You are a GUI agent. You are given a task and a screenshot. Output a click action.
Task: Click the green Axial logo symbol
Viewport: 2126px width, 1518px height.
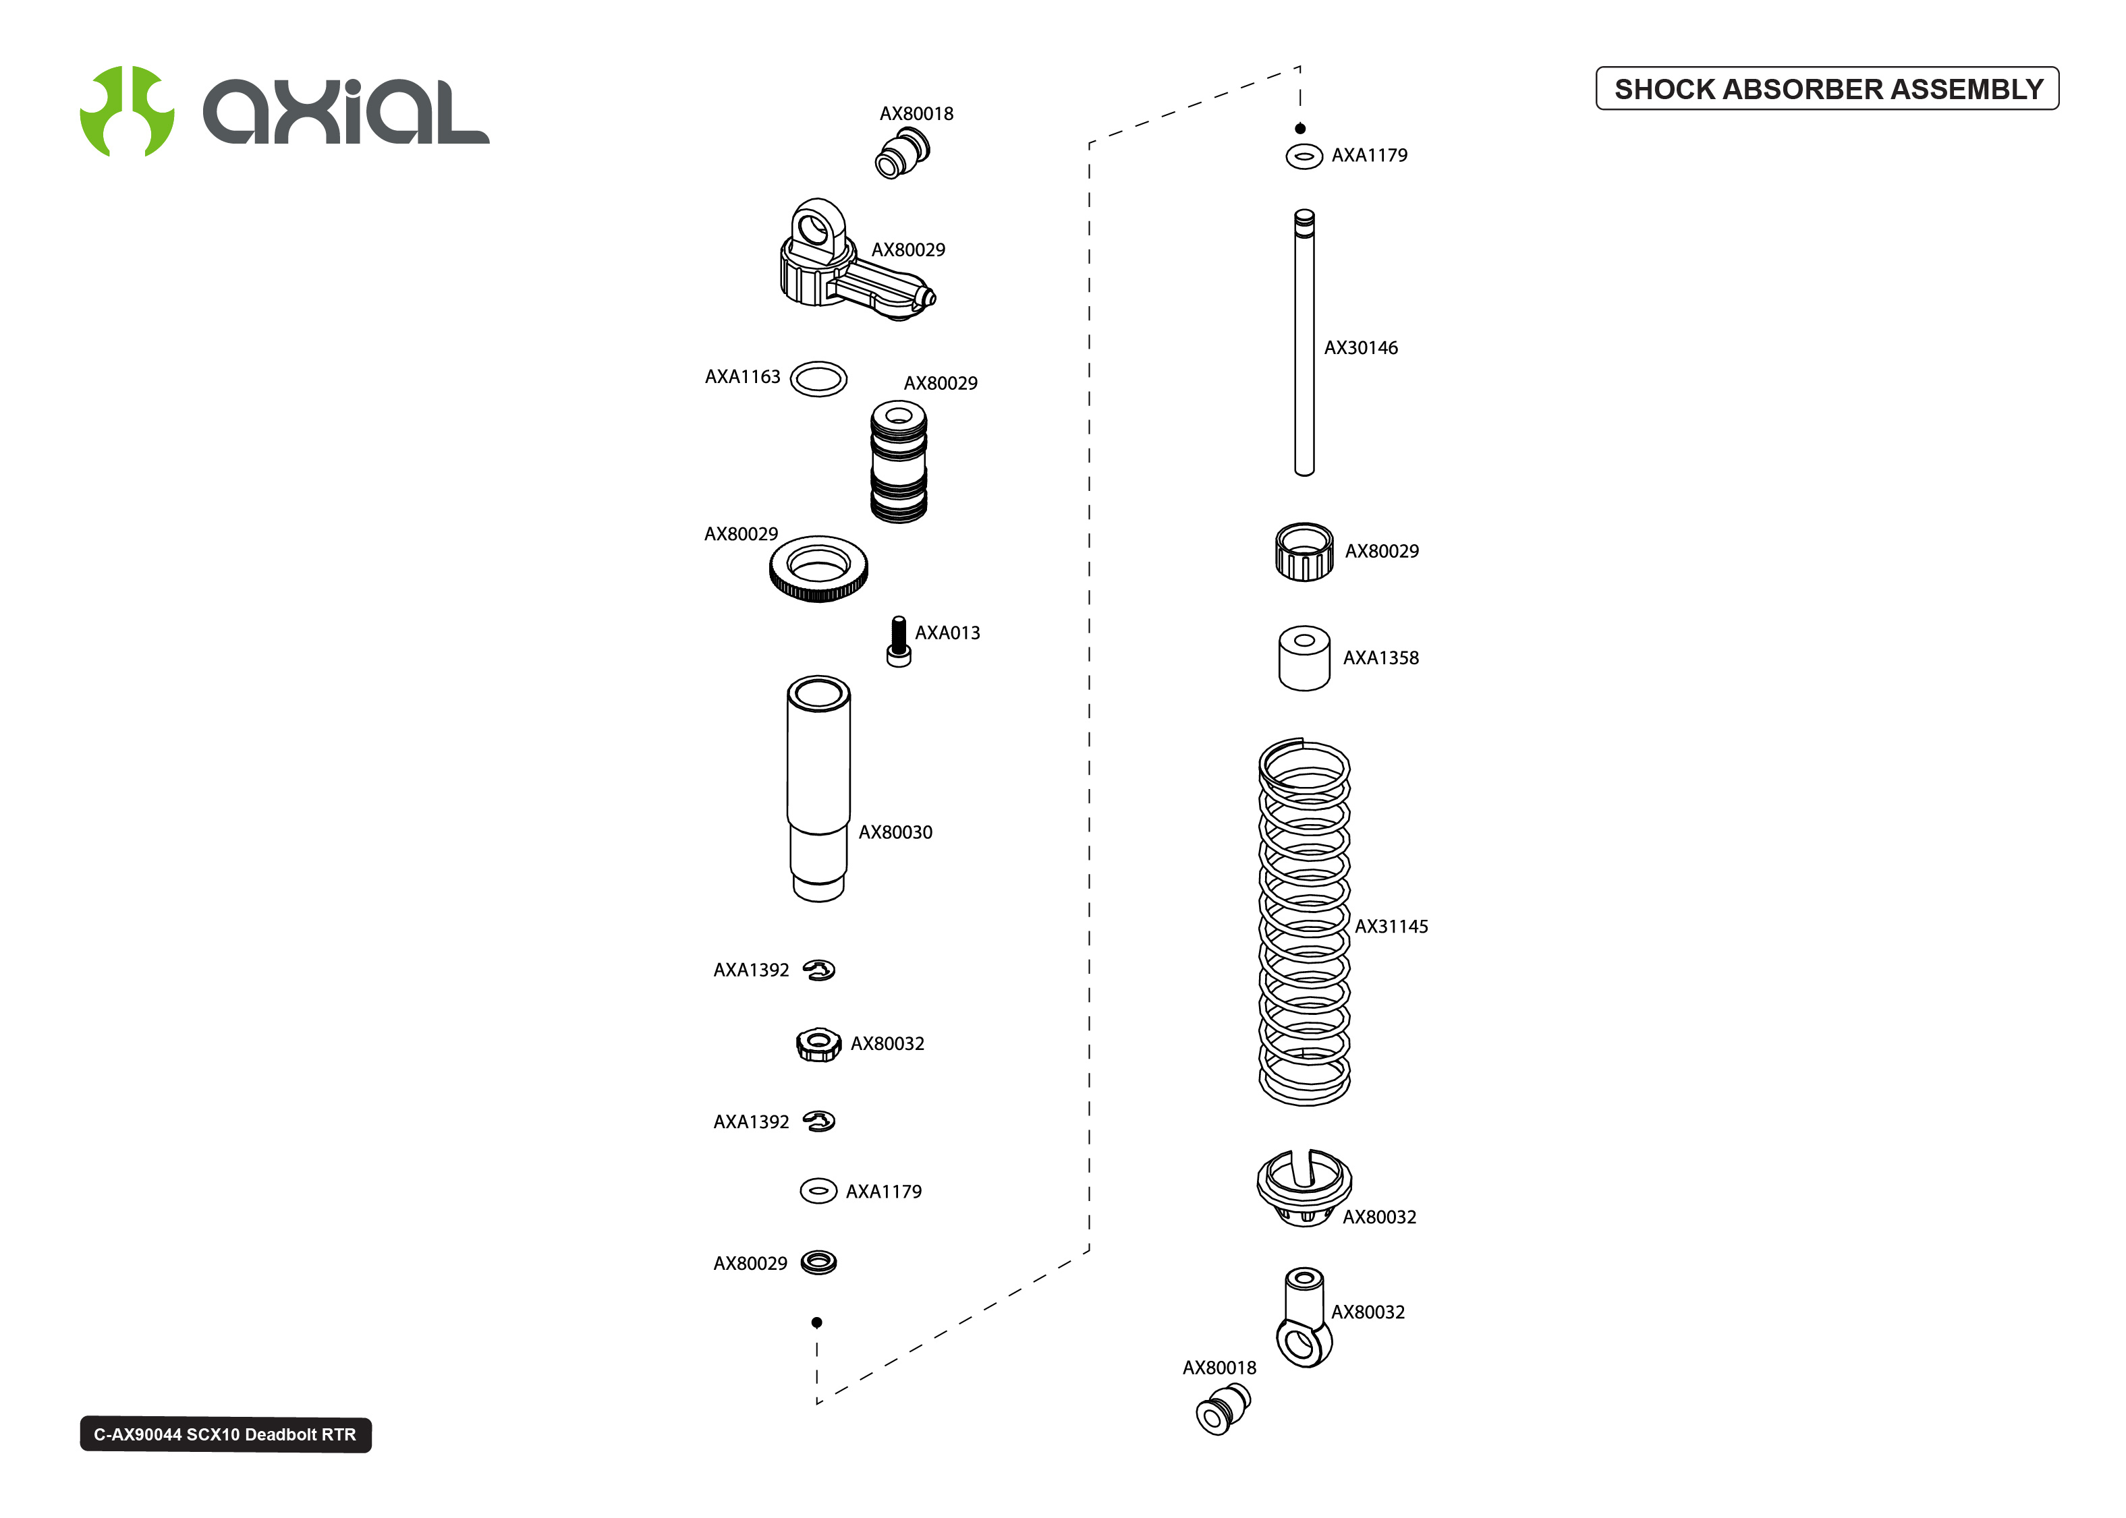coord(126,111)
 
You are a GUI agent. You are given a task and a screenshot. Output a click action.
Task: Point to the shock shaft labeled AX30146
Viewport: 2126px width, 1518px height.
coord(1304,346)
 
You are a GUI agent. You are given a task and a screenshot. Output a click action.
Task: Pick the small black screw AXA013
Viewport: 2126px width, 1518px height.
coord(899,640)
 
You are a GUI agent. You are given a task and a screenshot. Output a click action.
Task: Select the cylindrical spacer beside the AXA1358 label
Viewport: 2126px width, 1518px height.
coord(1304,658)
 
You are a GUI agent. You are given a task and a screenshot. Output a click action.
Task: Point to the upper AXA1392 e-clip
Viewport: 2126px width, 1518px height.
coord(819,970)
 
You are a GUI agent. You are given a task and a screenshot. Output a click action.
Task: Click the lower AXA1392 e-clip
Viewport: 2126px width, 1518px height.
coord(819,1121)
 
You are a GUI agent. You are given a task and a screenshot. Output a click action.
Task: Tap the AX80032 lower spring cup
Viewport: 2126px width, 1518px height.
coord(1304,1187)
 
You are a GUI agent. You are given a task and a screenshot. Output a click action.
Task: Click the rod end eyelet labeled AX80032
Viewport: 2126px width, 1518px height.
coord(1304,1318)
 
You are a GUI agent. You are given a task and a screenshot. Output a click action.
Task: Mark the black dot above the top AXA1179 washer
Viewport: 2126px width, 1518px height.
coord(1299,128)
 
